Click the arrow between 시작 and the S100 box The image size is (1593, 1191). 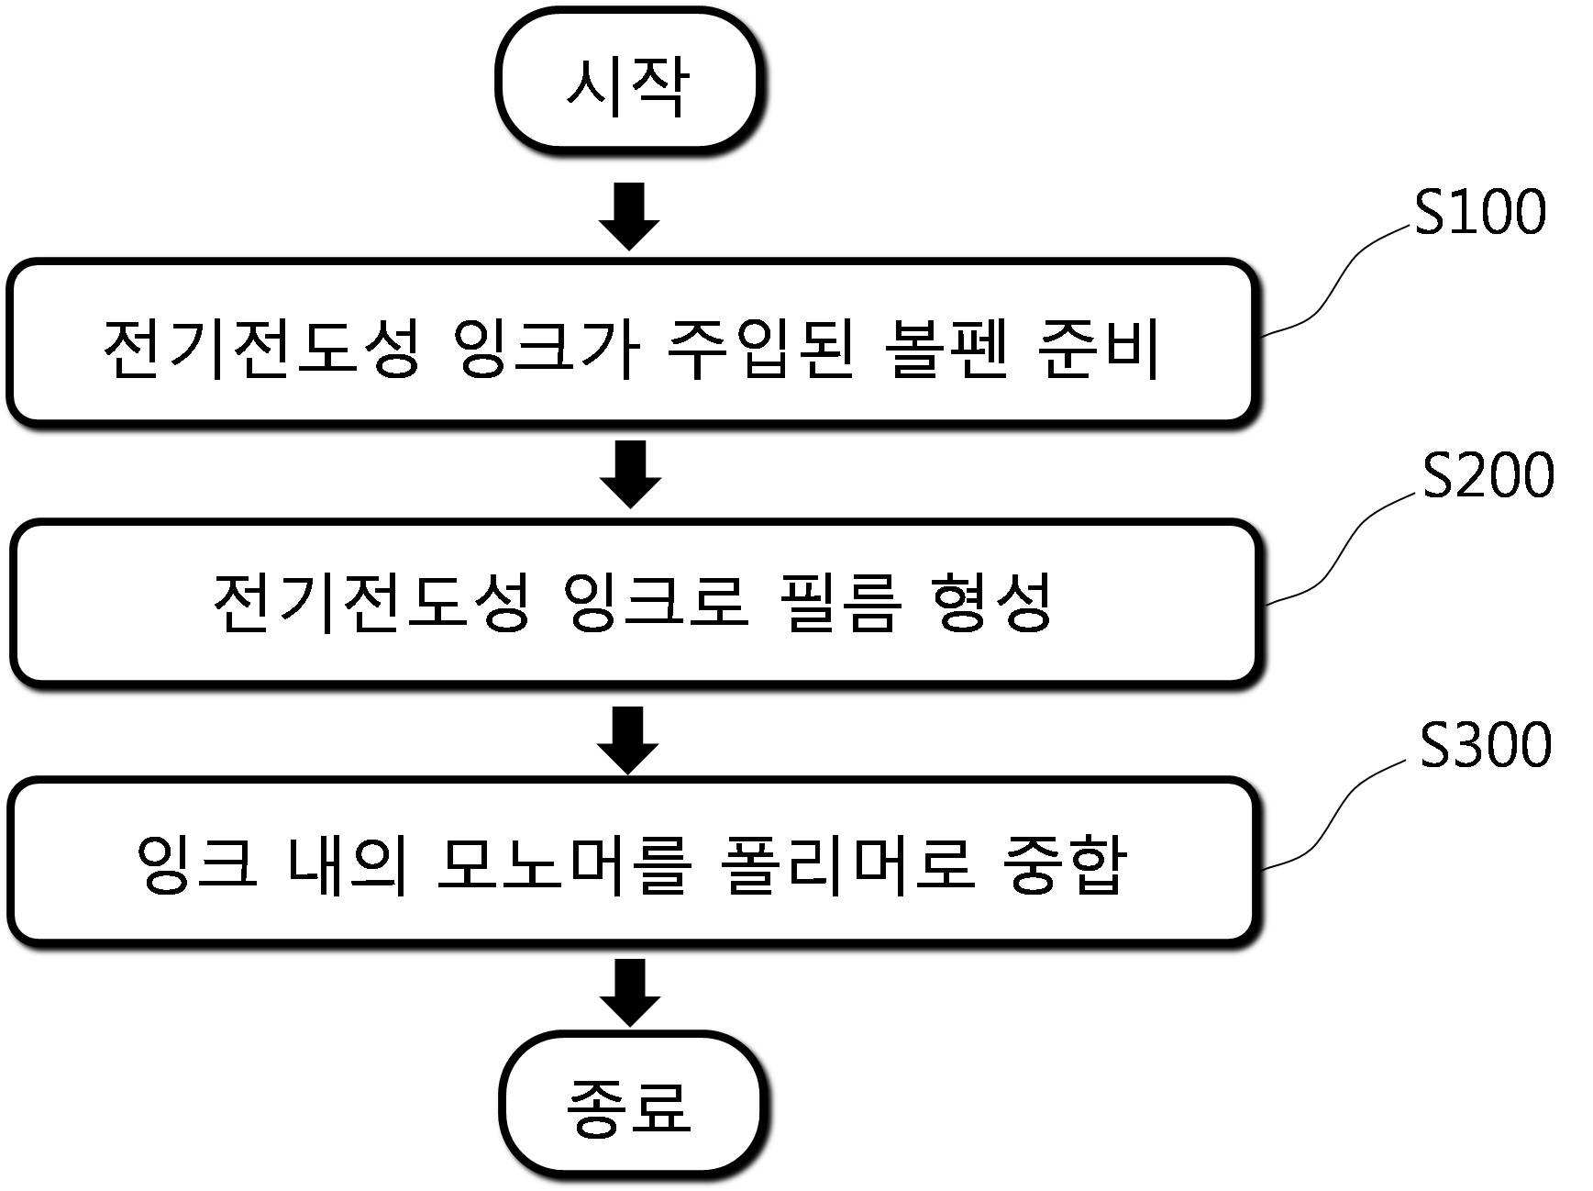coord(629,217)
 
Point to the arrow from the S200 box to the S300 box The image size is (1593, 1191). coord(629,740)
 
